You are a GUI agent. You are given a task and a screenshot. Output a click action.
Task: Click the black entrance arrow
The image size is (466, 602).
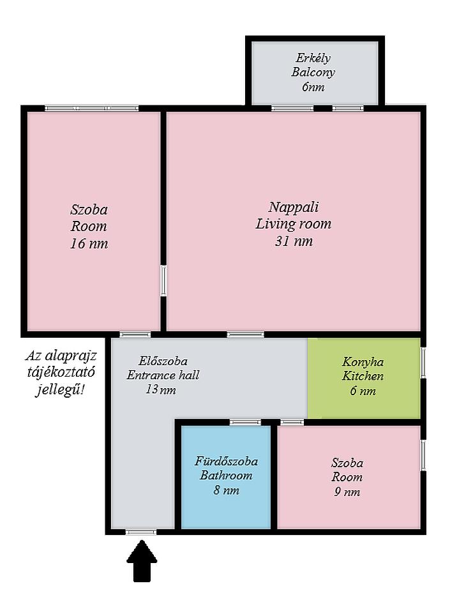[142, 561]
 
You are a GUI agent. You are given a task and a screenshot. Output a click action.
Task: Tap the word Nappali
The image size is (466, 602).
[293, 207]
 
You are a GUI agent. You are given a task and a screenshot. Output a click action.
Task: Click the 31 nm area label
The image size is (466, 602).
[294, 241]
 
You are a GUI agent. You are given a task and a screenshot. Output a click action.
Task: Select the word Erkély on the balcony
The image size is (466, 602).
[313, 58]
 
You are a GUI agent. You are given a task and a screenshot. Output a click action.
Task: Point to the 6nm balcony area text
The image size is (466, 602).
[313, 87]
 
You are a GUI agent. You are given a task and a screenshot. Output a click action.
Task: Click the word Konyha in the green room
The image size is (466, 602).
[363, 362]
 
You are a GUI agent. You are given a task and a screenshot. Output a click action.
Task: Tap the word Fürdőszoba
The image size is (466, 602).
[226, 461]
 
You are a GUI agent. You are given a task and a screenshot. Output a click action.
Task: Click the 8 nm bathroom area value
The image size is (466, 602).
[226, 490]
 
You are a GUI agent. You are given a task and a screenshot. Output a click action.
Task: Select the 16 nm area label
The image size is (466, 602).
[89, 243]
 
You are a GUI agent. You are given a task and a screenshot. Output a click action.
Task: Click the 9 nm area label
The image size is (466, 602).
[347, 492]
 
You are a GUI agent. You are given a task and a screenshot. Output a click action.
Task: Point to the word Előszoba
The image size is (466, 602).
[163, 361]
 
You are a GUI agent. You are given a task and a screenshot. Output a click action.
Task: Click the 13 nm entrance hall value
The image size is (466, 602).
[160, 389]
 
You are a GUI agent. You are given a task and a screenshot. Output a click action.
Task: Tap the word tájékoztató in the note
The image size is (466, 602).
[61, 372]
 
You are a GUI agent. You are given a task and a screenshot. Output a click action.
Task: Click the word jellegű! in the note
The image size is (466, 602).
[61, 389]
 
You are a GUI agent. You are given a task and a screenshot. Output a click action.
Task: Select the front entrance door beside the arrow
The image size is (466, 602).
[141, 532]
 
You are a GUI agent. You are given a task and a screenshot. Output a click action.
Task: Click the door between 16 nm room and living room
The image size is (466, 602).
[163, 280]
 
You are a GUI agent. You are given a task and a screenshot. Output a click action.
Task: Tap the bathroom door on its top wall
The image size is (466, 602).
[245, 423]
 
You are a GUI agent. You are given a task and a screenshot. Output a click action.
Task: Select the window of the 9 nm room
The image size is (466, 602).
[423, 455]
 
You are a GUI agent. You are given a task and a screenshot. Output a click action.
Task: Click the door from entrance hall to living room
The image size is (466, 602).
[245, 335]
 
